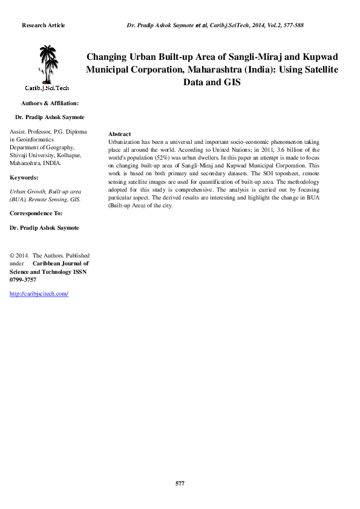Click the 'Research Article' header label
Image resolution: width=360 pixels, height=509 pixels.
[x=43, y=25]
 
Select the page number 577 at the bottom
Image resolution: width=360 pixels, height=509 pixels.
[x=180, y=484]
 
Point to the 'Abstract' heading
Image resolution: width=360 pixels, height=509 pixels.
[x=119, y=134]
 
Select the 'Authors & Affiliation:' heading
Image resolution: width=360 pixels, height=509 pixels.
[x=50, y=103]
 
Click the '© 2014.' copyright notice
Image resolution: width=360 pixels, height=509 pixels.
[x=20, y=256]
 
